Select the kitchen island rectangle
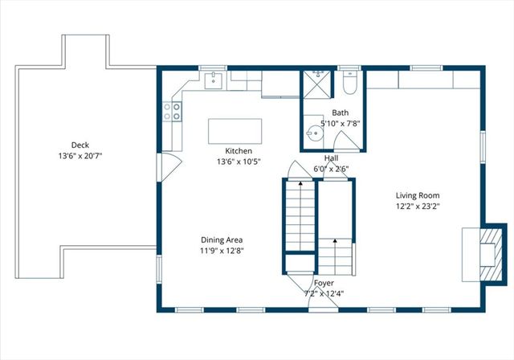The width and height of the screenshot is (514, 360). tap(235, 131)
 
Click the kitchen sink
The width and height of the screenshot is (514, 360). tap(214, 80)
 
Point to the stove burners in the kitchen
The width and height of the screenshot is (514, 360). tap(172, 111)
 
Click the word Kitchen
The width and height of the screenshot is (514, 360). tap(239, 151)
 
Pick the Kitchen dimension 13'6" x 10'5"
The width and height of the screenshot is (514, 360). tap(239, 162)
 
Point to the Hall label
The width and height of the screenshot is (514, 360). tap(331, 158)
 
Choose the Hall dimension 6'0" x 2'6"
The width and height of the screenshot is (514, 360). tap(331, 169)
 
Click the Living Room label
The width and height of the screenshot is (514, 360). tap(418, 195)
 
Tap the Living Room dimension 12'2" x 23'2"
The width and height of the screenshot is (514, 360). tap(418, 206)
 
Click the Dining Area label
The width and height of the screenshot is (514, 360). tap(222, 239)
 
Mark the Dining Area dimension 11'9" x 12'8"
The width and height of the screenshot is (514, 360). tap(222, 250)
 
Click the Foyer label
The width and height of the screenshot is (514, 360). tap(324, 283)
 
